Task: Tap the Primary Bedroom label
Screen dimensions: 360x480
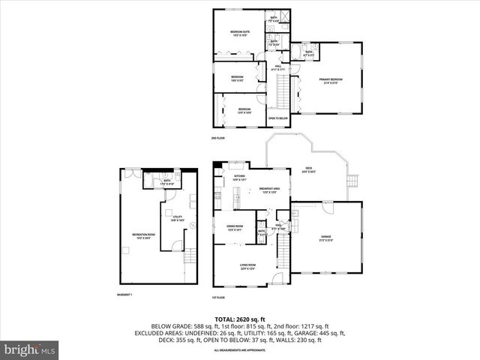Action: click(x=330, y=80)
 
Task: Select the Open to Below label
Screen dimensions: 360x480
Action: click(x=278, y=118)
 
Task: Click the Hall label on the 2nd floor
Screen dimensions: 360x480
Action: click(x=277, y=68)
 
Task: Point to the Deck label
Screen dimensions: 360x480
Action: click(x=308, y=169)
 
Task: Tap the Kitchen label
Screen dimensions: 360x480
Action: click(x=239, y=178)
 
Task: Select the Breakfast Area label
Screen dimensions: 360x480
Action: click(x=269, y=190)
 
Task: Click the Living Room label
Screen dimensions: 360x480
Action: click(x=247, y=266)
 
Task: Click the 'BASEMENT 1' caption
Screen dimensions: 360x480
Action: click(x=125, y=294)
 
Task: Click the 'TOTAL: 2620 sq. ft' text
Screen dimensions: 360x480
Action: click(x=240, y=319)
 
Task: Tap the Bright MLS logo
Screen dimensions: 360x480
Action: click(x=30, y=349)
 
